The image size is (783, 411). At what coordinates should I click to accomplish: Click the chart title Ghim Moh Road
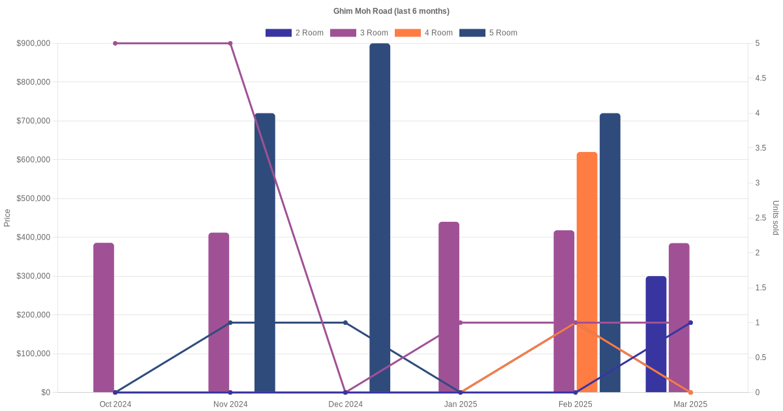(391, 11)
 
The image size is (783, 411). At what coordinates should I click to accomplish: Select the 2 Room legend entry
(294, 33)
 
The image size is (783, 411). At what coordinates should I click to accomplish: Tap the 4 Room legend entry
(423, 33)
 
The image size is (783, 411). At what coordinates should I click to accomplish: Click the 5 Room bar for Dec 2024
(380, 218)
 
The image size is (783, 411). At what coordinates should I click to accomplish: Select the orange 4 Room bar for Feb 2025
(587, 272)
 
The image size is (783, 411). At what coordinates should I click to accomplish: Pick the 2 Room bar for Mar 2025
(656, 334)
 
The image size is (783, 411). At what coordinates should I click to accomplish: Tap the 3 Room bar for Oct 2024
(104, 318)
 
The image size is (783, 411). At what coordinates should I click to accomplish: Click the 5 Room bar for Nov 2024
(265, 252)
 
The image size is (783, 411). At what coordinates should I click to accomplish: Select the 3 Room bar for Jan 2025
(449, 307)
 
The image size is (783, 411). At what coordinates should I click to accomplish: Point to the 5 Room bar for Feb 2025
(610, 252)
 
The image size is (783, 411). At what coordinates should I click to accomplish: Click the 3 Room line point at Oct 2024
(115, 43)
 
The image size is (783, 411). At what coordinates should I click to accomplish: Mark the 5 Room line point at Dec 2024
(346, 322)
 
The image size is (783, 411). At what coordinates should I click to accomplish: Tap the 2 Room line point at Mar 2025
(690, 322)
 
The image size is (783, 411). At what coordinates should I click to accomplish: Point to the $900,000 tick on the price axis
(33, 43)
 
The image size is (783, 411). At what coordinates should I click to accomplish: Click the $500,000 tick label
(33, 198)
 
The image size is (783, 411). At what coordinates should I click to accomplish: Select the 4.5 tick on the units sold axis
(761, 78)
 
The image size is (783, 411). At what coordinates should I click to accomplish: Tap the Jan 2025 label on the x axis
(461, 404)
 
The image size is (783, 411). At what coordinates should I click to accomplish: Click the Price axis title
(7, 218)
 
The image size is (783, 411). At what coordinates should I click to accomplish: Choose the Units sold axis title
(776, 218)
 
